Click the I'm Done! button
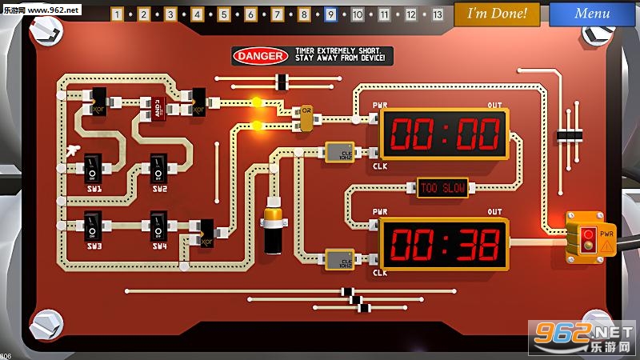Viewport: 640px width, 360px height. (497, 14)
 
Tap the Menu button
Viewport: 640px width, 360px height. (592, 14)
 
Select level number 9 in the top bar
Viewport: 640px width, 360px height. (330, 14)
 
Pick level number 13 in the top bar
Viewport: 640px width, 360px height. (437, 14)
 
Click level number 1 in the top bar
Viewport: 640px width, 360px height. (117, 14)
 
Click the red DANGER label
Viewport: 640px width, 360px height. (260, 56)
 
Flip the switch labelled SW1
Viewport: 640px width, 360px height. (94, 169)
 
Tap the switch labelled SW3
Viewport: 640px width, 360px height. (94, 225)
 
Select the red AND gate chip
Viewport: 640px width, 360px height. (157, 106)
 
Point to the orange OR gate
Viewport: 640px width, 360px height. (306, 112)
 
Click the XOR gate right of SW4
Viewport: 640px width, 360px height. (206, 232)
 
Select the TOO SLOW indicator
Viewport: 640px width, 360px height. (442, 188)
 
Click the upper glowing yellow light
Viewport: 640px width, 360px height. (257, 102)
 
